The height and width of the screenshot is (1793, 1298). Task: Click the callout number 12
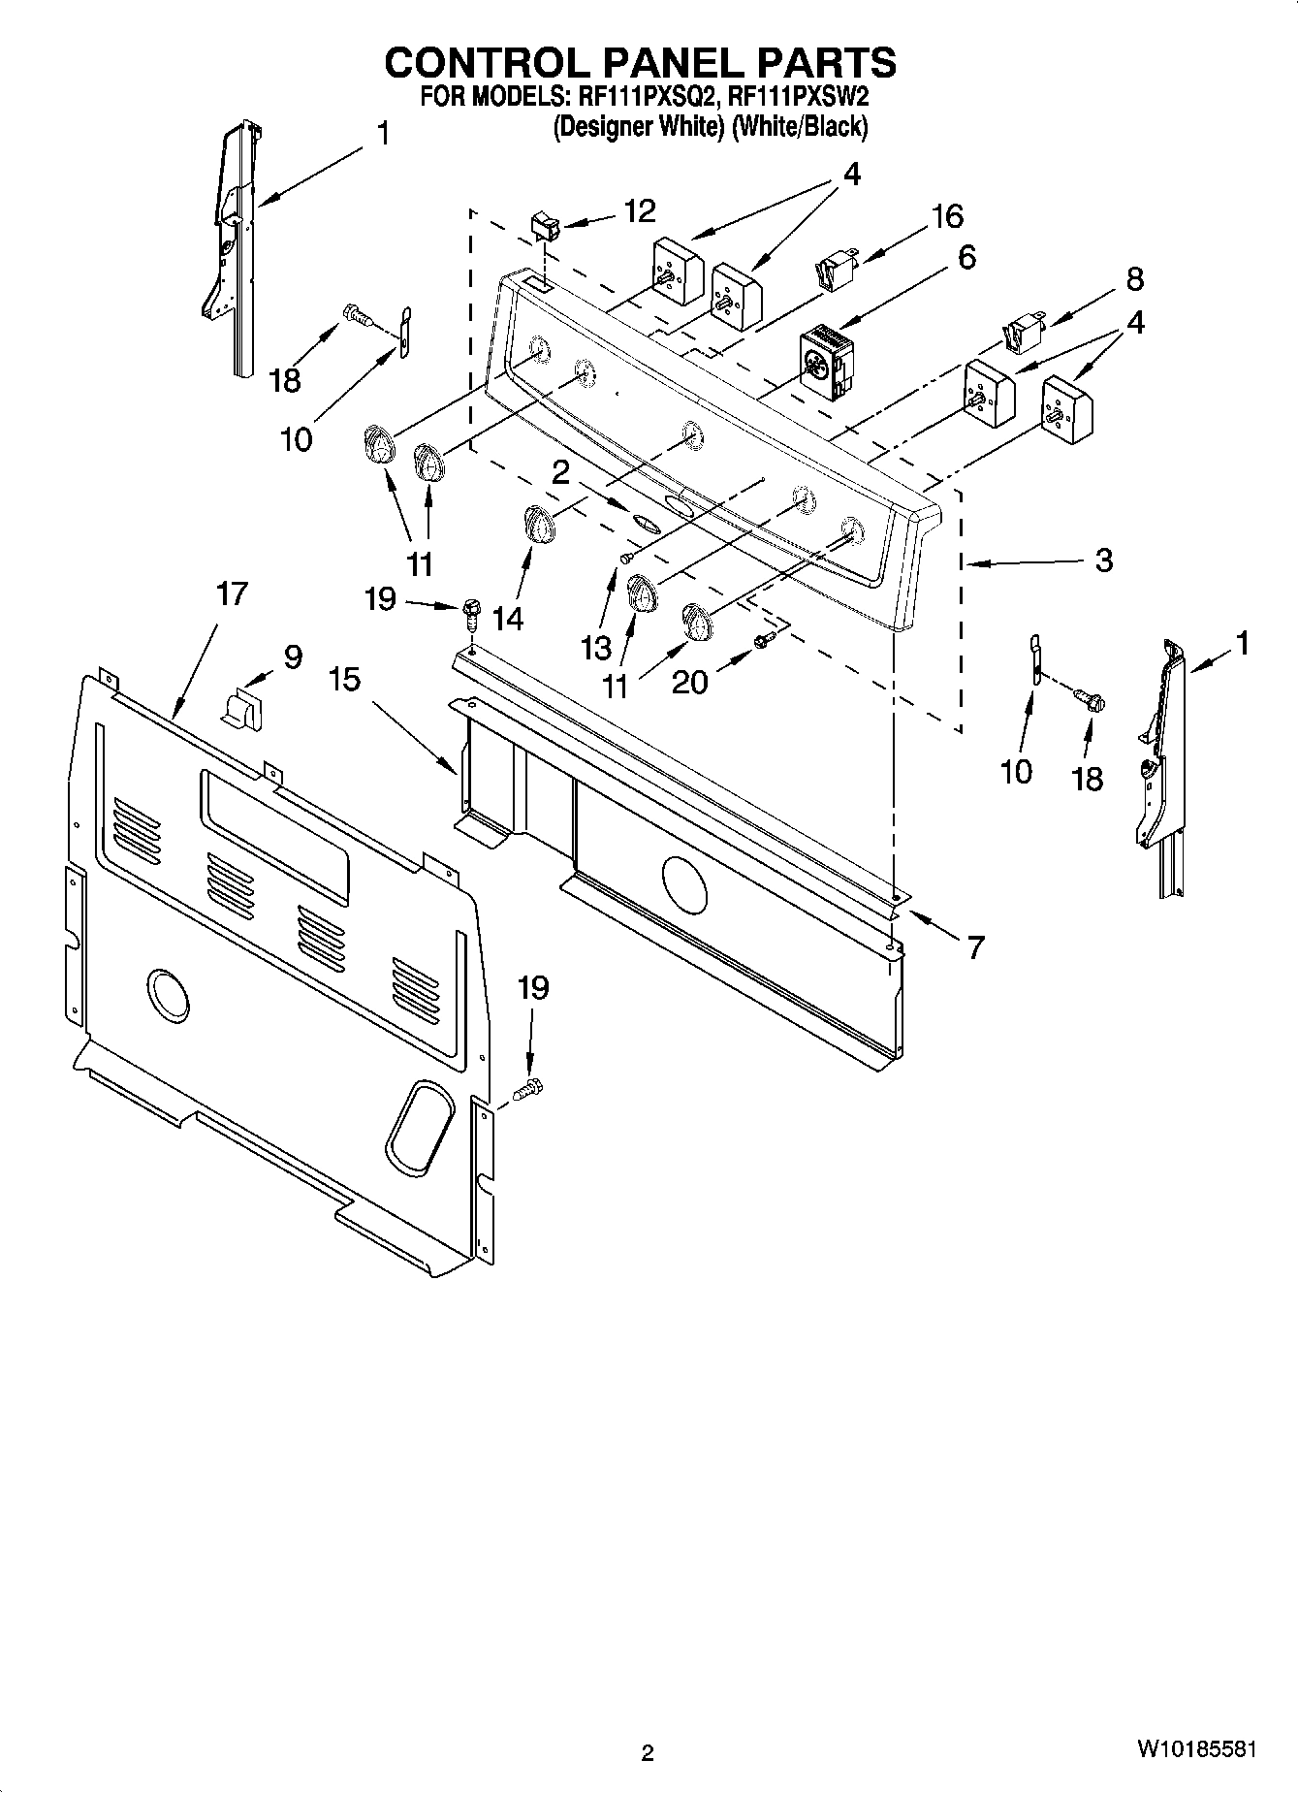(640, 210)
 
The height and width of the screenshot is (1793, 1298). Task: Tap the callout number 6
(966, 258)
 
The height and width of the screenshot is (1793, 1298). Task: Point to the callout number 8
(1134, 279)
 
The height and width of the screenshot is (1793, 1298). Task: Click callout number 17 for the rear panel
(232, 592)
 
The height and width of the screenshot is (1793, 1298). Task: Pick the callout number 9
(293, 656)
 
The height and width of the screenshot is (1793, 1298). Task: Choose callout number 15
(344, 679)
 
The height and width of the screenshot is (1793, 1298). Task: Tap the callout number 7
(975, 946)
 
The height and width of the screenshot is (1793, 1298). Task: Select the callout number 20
(690, 682)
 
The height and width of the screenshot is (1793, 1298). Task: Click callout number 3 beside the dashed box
(1103, 560)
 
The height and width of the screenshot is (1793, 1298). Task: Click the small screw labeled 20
(763, 639)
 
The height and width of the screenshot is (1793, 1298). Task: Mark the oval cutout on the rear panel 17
(420, 1124)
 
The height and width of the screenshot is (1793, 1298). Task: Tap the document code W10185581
(1197, 1749)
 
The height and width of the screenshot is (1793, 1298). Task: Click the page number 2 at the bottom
(648, 1752)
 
